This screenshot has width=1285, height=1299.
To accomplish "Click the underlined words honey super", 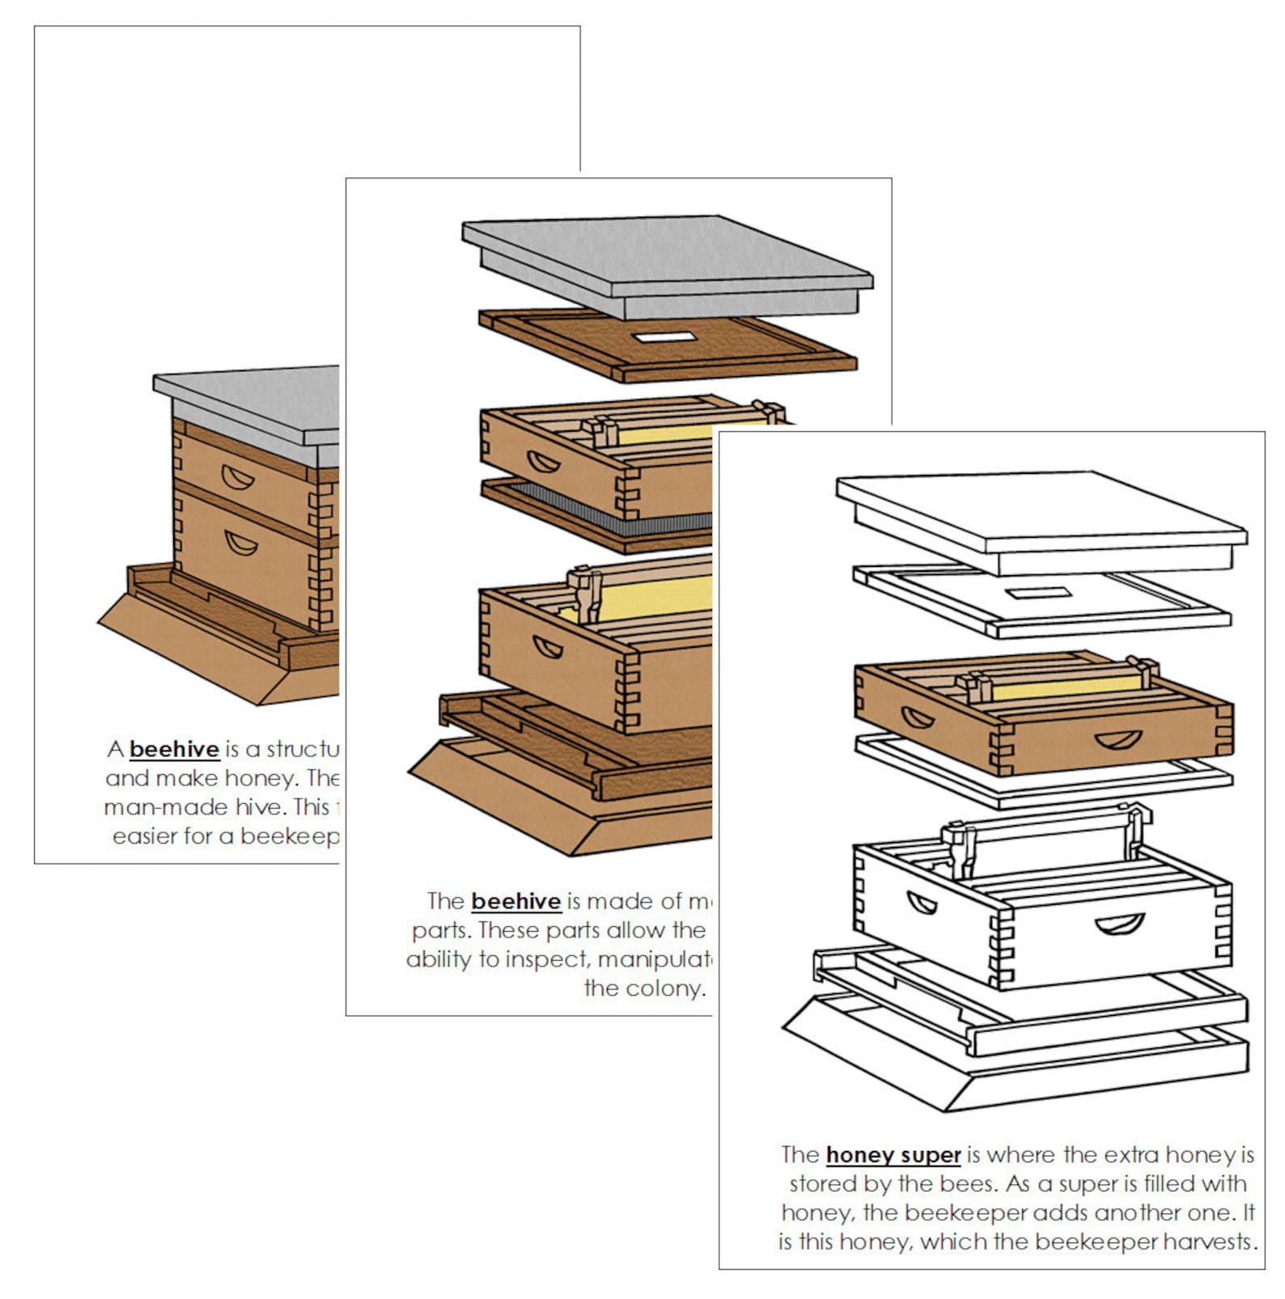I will point(893,1155).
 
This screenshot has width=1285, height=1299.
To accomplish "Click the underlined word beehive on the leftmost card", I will point(174,749).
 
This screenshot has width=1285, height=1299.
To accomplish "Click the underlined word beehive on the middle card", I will point(515,901).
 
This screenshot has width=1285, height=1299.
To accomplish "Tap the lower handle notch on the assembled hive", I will point(241,543).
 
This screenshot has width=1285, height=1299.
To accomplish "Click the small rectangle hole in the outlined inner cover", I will point(1039,594).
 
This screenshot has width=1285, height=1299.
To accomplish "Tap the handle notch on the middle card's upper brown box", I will point(543,463).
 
